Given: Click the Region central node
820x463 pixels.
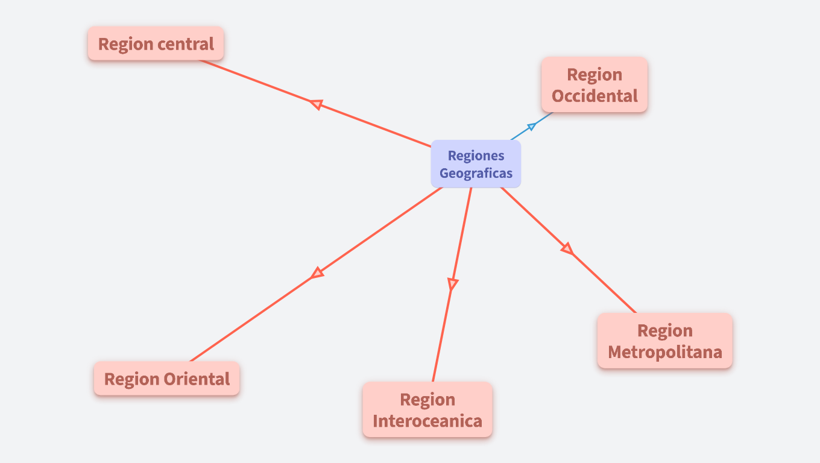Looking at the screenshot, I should pyautogui.click(x=156, y=43).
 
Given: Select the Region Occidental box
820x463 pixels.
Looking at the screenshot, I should pyautogui.click(x=594, y=85).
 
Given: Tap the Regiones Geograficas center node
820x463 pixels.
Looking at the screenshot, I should pyautogui.click(x=476, y=164).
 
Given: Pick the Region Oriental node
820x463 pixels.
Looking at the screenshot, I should pyautogui.click(x=166, y=379).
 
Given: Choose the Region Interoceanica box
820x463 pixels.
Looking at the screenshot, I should pyautogui.click(x=427, y=409).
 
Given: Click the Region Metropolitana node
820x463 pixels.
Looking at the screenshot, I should pyautogui.click(x=664, y=341).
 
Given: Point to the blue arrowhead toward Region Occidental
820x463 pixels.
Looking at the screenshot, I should pyautogui.click(x=531, y=126).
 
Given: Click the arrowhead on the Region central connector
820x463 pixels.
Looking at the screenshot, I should pyautogui.click(x=315, y=104).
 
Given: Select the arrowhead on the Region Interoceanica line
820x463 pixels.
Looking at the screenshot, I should pyautogui.click(x=452, y=284).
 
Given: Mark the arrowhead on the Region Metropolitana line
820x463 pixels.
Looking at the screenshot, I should pyautogui.click(x=567, y=248).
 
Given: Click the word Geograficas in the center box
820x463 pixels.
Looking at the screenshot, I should pyautogui.click(x=476, y=174).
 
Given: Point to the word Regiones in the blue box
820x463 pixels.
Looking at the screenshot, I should pyautogui.click(x=476, y=156).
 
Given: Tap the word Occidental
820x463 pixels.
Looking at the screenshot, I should pyautogui.click(x=594, y=96).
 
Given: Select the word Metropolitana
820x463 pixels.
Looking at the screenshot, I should pyautogui.click(x=664, y=351).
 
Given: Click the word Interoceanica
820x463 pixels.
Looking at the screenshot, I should pyautogui.click(x=427, y=420).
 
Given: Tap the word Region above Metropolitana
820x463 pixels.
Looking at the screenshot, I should pyautogui.click(x=664, y=330).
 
